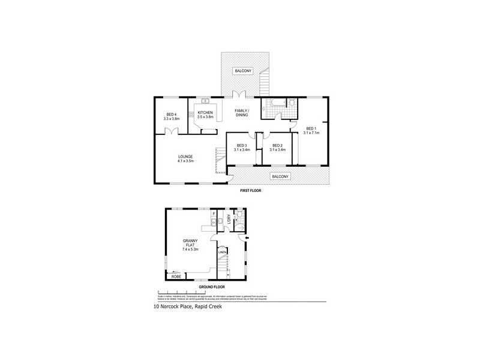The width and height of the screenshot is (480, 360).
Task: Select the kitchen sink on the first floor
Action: pyautogui.click(x=205, y=100)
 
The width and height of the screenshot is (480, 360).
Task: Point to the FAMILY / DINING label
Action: pyautogui.click(x=242, y=112)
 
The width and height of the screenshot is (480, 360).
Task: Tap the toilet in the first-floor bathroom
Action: pyautogui.click(x=292, y=103)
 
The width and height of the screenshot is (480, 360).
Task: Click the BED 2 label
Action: pyautogui.click(x=277, y=145)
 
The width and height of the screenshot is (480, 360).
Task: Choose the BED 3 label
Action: pyautogui.click(x=242, y=145)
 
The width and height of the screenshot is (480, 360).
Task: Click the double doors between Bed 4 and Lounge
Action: pyautogui.click(x=172, y=132)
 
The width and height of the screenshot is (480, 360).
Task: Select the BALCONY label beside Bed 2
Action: pyautogui.click(x=280, y=176)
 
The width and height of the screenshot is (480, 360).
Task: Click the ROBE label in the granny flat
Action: pyautogui.click(x=176, y=277)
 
